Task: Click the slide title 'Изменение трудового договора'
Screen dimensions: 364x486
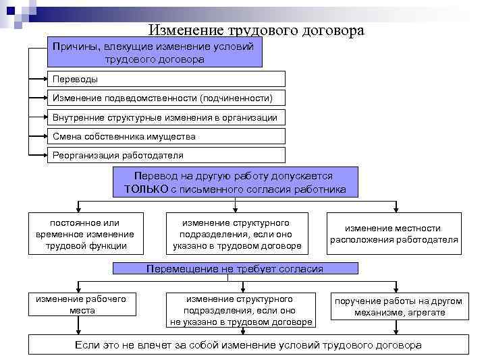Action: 256,30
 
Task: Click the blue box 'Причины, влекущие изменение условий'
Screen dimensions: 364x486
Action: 155,53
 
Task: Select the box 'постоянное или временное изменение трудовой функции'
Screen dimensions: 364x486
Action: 85,234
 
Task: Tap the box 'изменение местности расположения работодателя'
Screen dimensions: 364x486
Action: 394,234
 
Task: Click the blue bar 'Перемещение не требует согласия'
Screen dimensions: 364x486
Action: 235,269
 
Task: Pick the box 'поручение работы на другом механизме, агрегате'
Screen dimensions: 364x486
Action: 398,307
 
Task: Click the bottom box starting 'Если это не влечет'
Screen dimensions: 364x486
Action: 247,344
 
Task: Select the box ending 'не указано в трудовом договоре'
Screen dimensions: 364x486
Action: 241,310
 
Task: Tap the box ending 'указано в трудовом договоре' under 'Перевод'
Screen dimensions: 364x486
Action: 237,234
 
